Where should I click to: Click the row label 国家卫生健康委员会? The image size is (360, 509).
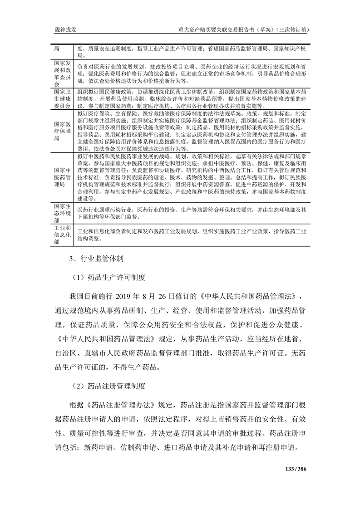[x=63, y=99]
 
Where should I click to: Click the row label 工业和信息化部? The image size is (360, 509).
[x=63, y=235]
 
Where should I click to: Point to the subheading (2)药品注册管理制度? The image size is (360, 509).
[x=109, y=387]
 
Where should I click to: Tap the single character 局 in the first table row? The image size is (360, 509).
[x=57, y=48]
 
